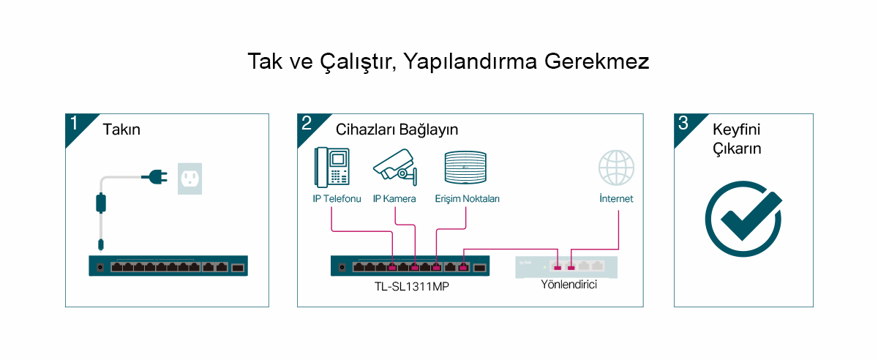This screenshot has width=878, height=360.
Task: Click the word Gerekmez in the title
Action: click(x=596, y=61)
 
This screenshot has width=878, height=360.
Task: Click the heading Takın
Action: click(x=121, y=130)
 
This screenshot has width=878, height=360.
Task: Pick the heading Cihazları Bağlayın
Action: click(x=397, y=130)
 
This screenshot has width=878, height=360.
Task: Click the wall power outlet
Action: click(x=190, y=179)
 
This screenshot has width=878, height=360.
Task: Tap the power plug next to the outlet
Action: click(x=155, y=177)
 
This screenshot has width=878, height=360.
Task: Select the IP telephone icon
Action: click(x=331, y=168)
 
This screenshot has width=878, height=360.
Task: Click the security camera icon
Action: click(x=395, y=167)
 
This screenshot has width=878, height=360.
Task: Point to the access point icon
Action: click(x=465, y=168)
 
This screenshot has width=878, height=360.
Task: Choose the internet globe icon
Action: click(x=616, y=168)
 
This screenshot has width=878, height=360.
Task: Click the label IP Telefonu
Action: click(x=337, y=199)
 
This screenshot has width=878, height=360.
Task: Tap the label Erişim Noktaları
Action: click(x=468, y=199)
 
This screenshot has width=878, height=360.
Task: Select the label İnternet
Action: click(x=616, y=198)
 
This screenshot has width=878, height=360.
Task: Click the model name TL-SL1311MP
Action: click(x=411, y=287)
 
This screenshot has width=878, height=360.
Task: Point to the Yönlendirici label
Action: click(x=569, y=285)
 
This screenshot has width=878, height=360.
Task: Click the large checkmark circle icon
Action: click(x=743, y=219)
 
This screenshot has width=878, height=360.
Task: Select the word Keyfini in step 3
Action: click(x=737, y=130)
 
